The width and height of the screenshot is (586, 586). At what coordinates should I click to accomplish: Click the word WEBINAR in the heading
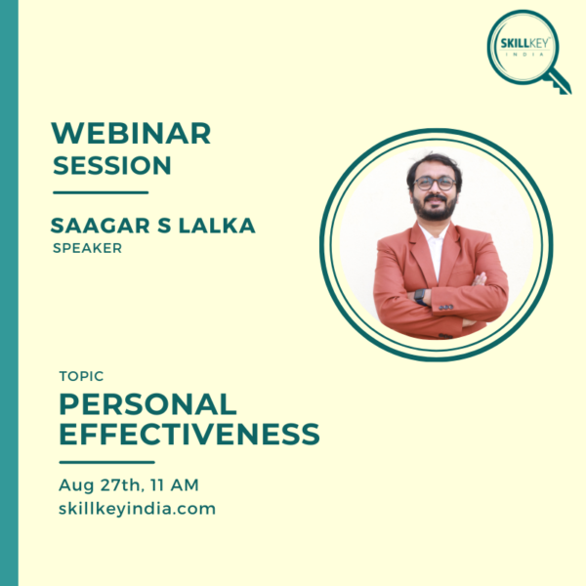(131, 133)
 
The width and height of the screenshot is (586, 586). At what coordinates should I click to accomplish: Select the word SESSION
(112, 166)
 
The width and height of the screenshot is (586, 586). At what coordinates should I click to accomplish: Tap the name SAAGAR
(101, 226)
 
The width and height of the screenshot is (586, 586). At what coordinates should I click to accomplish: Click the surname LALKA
(217, 226)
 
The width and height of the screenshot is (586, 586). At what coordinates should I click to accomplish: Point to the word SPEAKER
(88, 248)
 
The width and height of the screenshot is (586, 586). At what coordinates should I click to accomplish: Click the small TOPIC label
(81, 376)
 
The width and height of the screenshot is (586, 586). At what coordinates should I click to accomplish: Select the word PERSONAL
(148, 404)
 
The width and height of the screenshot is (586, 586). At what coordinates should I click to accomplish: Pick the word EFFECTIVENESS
(189, 434)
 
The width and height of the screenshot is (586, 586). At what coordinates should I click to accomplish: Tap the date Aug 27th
(100, 485)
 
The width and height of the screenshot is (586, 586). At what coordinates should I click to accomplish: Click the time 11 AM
(175, 485)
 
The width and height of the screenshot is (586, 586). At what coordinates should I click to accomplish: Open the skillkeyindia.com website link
(137, 509)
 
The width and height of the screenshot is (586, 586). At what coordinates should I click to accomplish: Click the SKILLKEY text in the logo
(525, 43)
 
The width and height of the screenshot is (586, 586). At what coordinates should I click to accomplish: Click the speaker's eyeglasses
(435, 184)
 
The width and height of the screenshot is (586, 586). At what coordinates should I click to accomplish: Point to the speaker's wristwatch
(420, 297)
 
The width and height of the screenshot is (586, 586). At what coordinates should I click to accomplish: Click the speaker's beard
(435, 209)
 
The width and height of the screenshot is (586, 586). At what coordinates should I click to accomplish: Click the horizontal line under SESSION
(101, 192)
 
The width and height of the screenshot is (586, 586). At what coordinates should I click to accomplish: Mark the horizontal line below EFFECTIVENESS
(106, 462)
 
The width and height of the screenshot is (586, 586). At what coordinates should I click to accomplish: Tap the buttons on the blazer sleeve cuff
(446, 308)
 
